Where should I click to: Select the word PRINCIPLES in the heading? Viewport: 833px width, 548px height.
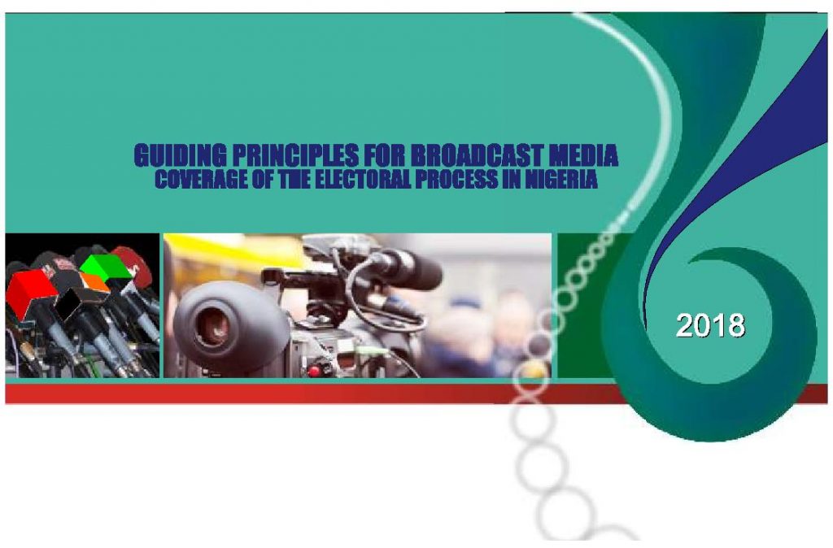tap(295, 155)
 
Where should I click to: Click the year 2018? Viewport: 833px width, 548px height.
tap(710, 325)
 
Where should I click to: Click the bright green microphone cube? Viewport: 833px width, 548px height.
tap(107, 267)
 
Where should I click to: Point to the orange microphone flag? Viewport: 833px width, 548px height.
tap(94, 281)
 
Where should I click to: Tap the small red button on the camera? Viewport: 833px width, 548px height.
tap(314, 371)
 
